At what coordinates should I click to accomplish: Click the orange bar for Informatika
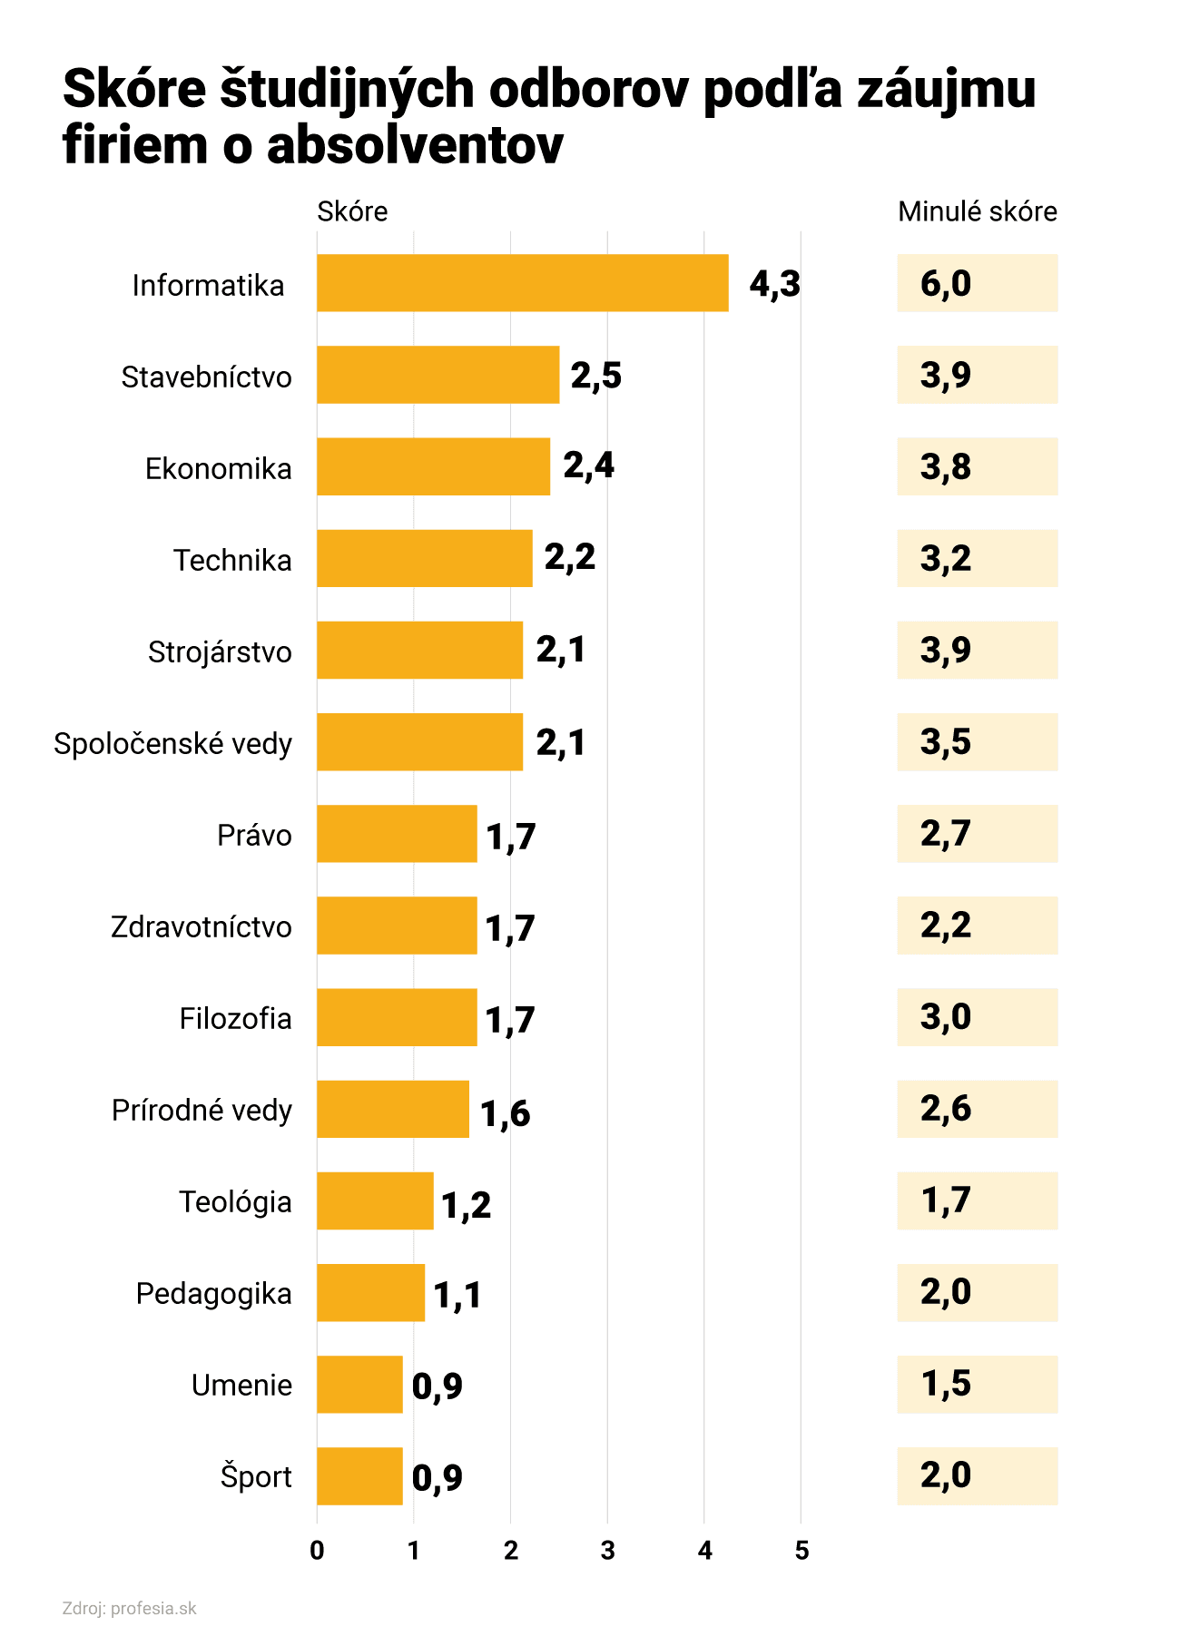coord(522,283)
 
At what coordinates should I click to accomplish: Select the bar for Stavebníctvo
coord(438,375)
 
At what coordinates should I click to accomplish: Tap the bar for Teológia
coord(375,1200)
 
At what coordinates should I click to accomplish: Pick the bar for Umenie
coord(359,1384)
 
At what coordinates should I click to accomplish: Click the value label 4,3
coord(774,284)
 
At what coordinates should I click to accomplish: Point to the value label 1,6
coord(505,1112)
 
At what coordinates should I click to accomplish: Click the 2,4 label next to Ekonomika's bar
coord(588,465)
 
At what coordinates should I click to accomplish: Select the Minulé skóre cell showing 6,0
coord(977,283)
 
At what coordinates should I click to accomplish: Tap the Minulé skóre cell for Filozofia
coord(977,1017)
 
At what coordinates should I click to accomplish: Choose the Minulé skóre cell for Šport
coord(977,1475)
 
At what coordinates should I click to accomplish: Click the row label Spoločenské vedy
coord(172,744)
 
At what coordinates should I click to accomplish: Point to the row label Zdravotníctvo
coord(201,927)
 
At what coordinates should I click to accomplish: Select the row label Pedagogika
coord(213,1294)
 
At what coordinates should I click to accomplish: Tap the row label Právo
coord(254,836)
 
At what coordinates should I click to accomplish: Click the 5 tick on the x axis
coord(801,1551)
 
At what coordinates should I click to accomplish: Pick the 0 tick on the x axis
coord(317,1551)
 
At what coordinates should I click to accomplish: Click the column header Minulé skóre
coord(977,211)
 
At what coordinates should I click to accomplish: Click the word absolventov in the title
coord(415,146)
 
